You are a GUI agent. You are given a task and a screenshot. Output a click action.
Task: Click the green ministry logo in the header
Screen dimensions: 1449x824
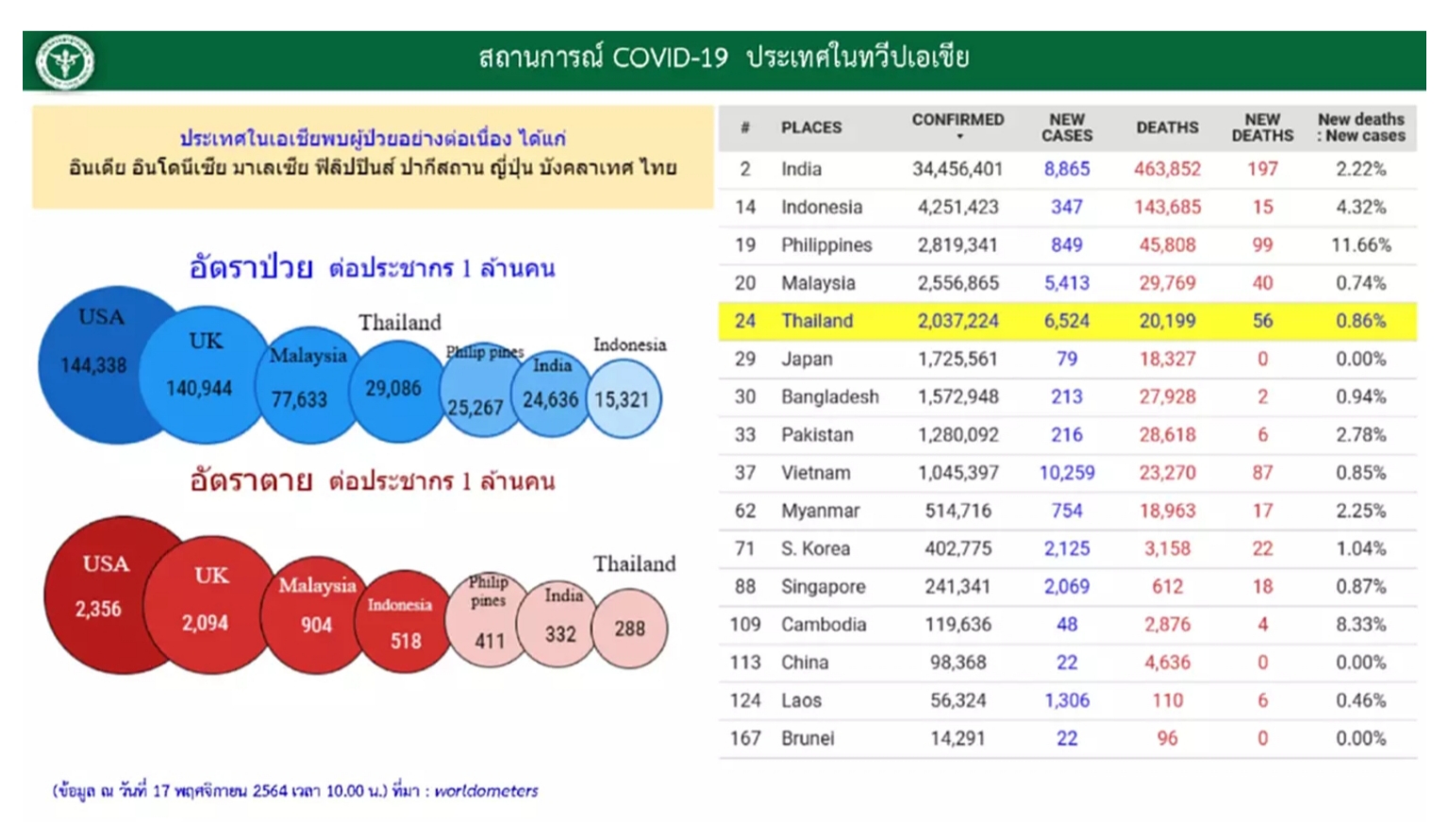tap(65, 61)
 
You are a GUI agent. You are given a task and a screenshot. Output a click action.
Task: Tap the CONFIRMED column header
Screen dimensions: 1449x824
tap(958, 121)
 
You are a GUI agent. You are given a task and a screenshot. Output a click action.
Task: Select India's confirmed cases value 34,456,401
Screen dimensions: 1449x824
tap(958, 170)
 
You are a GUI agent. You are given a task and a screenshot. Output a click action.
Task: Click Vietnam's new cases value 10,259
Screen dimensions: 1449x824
tap(1067, 473)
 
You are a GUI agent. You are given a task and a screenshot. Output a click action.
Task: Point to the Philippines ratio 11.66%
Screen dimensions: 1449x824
tap(1361, 245)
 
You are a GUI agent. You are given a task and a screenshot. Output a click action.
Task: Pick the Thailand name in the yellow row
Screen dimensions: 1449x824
tap(817, 321)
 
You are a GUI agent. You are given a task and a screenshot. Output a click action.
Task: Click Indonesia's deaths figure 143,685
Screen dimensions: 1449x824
tap(1168, 207)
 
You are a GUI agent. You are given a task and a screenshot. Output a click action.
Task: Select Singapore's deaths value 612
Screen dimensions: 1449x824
tap(1168, 587)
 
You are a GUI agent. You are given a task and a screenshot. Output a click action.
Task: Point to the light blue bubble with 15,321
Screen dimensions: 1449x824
tap(625, 399)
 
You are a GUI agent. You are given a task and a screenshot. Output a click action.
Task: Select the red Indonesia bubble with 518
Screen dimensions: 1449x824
tap(404, 622)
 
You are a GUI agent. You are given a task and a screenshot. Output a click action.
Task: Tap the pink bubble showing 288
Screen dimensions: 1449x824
tap(629, 629)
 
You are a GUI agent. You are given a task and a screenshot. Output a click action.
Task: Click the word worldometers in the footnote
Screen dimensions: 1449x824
tap(486, 791)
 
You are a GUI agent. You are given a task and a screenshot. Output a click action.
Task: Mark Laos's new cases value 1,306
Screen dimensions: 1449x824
tap(1067, 701)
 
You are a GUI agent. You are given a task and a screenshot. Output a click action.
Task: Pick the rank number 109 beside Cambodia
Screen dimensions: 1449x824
tap(744, 625)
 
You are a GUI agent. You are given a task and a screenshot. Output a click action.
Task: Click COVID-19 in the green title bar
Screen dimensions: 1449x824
tap(670, 59)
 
